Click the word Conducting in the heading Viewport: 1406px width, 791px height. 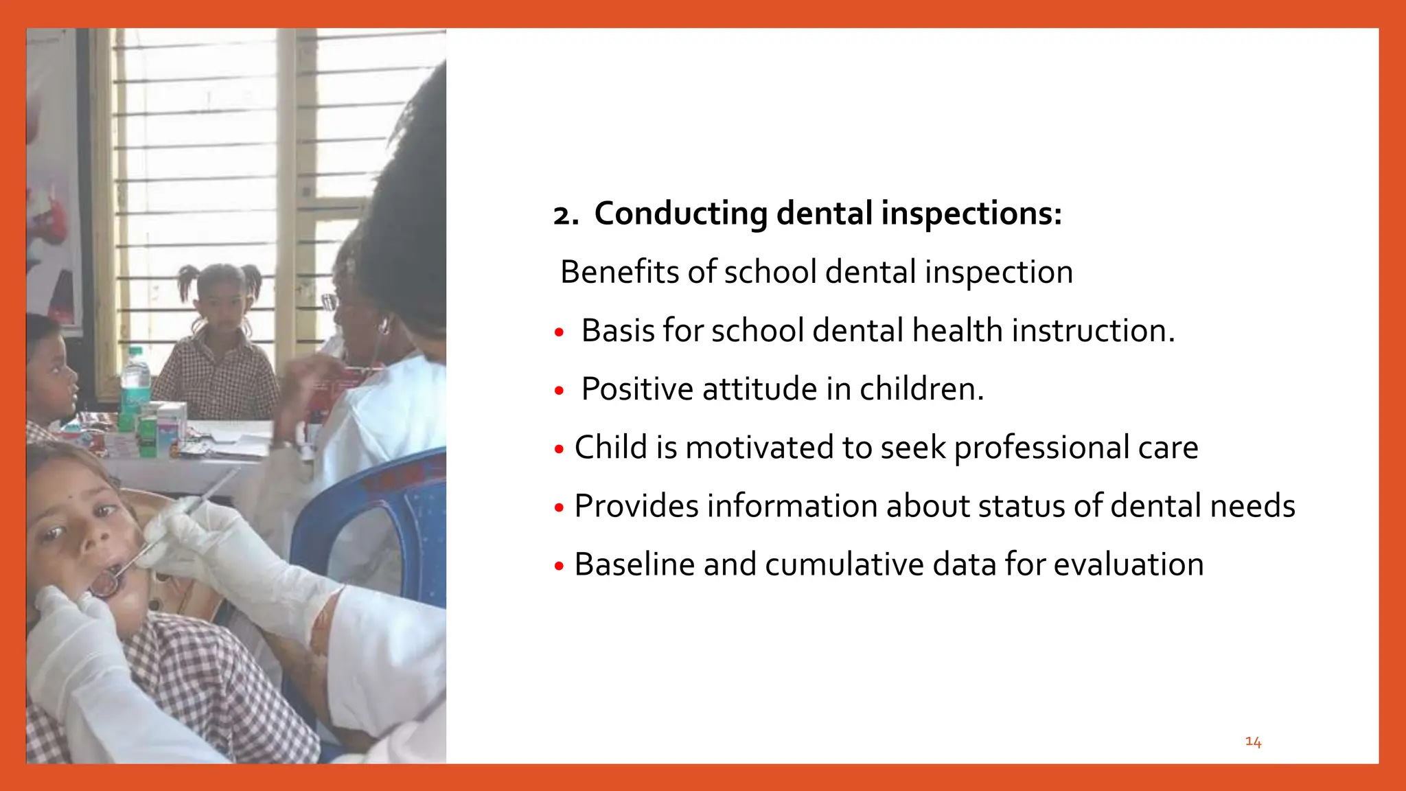[x=680, y=214]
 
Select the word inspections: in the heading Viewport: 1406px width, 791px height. [x=971, y=214]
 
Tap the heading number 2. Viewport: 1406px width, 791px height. [x=565, y=216]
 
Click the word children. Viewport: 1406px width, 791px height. [x=921, y=389]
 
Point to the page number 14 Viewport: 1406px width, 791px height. [x=1253, y=742]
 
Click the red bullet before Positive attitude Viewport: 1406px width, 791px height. [x=560, y=391]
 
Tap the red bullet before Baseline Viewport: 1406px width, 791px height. [x=560, y=566]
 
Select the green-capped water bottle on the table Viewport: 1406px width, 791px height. [x=135, y=381]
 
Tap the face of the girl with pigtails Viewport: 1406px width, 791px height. [x=221, y=301]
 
